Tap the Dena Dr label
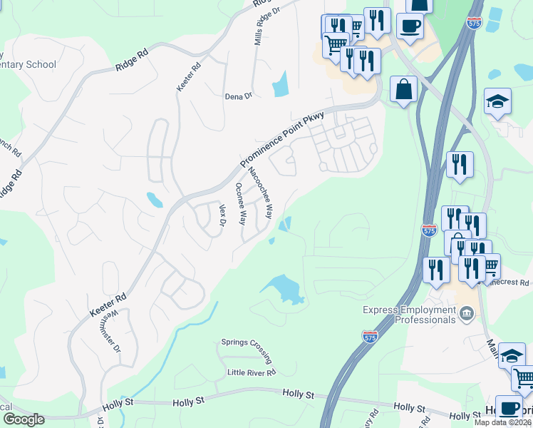pyautogui.click(x=239, y=96)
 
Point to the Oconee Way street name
pyautogui.click(x=241, y=203)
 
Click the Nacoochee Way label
pyautogui.click(x=259, y=193)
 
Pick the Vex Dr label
pyautogui.click(x=222, y=215)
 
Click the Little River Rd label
pyautogui.click(x=251, y=372)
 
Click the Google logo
pyautogui.click(x=24, y=419)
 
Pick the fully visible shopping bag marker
pyautogui.click(x=404, y=90)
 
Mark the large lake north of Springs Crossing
pyautogui.click(x=284, y=289)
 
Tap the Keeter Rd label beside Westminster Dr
pyautogui.click(x=108, y=305)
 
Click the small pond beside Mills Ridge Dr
pyautogui.click(x=280, y=83)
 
